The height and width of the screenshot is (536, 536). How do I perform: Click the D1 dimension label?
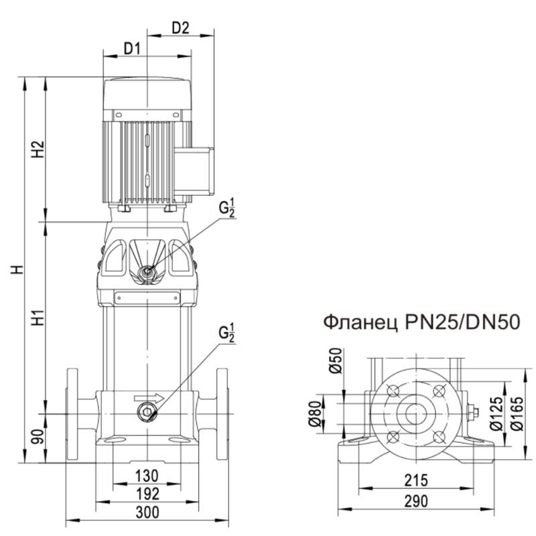[131, 48]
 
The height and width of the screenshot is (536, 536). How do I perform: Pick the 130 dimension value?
[146, 476]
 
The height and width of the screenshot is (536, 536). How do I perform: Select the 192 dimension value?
[146, 494]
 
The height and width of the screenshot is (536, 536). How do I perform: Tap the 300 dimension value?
[146, 513]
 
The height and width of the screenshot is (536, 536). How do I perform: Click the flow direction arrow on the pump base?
[153, 398]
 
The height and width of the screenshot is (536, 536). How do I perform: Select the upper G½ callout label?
[228, 208]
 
